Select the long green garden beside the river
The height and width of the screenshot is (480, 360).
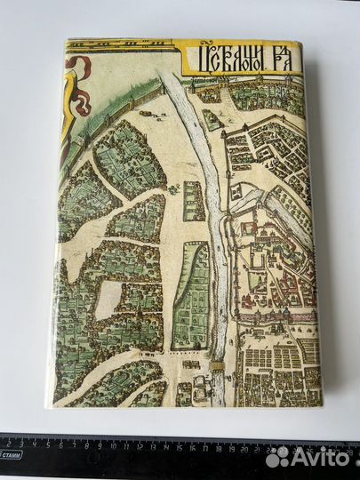(192, 293)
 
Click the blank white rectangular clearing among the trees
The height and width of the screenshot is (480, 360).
(108, 300)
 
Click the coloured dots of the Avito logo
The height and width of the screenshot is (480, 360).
(278, 456)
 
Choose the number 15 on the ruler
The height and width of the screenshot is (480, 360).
(182, 442)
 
